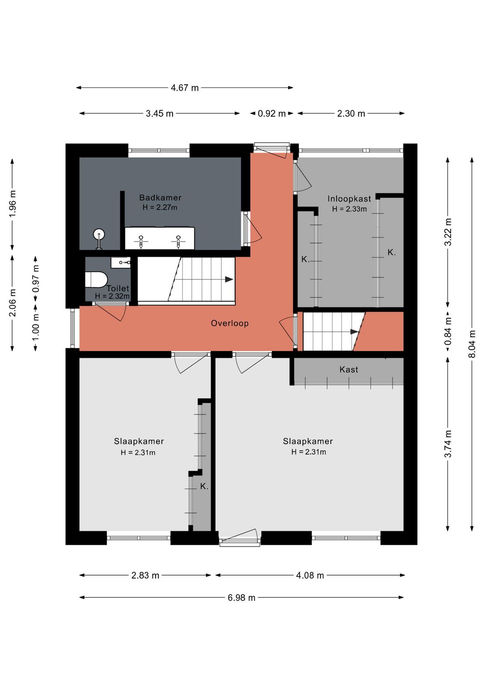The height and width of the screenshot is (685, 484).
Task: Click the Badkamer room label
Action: coord(160,198)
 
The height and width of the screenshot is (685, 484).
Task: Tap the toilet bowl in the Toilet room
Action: coord(96,279)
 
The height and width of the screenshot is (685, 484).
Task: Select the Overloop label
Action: coord(229,323)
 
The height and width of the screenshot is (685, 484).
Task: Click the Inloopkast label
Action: coord(349,199)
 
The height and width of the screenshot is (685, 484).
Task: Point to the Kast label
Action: coord(349,369)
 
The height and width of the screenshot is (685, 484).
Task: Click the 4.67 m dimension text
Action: coord(185,88)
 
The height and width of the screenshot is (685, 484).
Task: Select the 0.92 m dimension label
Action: coord(272,114)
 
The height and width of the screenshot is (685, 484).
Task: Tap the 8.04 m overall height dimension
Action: coord(472,343)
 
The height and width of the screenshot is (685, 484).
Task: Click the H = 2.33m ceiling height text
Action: coord(350,209)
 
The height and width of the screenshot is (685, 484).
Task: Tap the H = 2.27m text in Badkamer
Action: coord(160,207)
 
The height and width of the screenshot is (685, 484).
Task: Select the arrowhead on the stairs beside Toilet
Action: coord(229,279)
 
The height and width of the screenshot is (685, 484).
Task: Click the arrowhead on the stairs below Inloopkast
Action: coord(354,332)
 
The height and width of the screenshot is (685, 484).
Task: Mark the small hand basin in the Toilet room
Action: coord(121,263)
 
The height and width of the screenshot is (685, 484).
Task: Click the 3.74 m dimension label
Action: coord(448,443)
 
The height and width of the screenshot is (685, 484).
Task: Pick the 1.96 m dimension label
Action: coord(12,203)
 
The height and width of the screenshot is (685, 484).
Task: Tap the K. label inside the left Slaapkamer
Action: coord(204,486)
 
